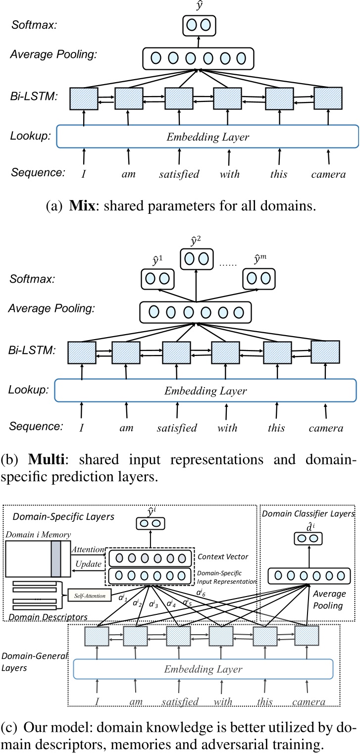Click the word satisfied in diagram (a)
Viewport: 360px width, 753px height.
[179, 174]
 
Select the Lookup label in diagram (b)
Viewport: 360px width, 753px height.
[28, 390]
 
